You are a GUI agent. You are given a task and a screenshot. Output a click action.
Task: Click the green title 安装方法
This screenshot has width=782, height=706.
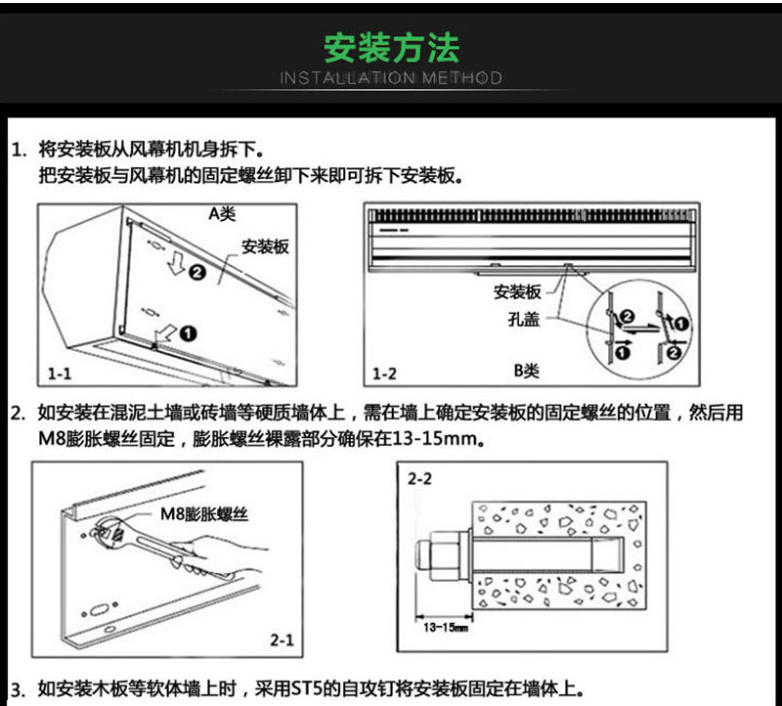391,46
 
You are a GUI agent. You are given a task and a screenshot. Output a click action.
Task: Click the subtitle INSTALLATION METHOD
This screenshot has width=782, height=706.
391,77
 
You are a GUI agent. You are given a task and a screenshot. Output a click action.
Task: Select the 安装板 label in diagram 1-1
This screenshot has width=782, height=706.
265,247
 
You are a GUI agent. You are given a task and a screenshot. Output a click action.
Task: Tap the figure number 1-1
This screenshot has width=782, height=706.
60,374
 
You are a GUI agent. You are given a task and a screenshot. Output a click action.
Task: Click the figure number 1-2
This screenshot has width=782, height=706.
385,374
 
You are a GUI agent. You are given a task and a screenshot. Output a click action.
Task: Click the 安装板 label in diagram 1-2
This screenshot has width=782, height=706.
517,292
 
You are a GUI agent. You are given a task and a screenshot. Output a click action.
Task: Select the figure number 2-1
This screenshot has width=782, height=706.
282,640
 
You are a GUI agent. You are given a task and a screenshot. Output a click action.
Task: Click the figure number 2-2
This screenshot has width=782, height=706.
419,479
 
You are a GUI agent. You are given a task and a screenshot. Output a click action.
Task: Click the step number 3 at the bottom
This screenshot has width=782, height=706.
17,687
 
